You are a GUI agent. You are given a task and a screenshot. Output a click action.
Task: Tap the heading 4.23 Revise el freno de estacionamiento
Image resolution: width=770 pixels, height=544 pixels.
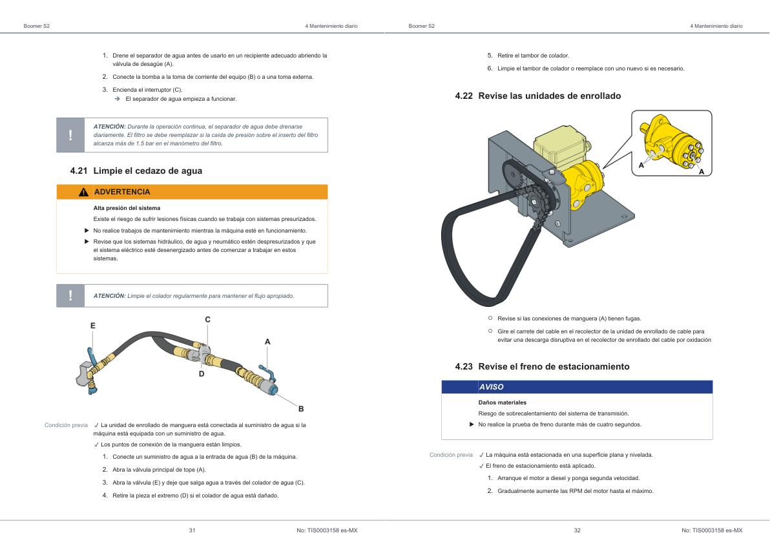[x=542, y=366]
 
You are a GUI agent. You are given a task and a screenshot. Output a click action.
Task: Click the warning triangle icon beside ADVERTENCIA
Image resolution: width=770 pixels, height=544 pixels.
[x=83, y=192]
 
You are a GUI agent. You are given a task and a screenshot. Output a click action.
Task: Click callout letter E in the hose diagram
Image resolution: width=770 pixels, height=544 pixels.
[x=92, y=326]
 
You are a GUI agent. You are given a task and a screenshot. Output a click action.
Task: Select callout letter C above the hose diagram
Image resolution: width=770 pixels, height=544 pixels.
[x=207, y=319]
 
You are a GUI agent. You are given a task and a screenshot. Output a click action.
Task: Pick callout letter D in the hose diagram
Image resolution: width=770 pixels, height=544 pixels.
[x=201, y=373]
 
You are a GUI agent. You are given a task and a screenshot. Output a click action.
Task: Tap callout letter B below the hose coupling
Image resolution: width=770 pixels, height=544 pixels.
[x=300, y=408]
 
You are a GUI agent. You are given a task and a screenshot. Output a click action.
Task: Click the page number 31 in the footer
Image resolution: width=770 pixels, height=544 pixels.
[x=192, y=530]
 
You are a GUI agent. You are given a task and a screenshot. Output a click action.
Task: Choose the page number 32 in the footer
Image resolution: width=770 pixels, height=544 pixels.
[x=577, y=530]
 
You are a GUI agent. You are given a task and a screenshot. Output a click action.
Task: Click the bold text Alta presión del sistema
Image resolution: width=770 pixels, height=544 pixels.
[x=127, y=208]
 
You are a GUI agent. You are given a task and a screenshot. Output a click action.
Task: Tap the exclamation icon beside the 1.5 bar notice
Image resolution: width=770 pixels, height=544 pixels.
[x=71, y=135]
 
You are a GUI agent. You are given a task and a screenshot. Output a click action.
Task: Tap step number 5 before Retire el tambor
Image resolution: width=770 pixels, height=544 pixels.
[x=490, y=56]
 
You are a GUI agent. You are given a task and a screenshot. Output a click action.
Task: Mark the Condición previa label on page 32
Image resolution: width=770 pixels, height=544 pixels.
[x=451, y=455]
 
